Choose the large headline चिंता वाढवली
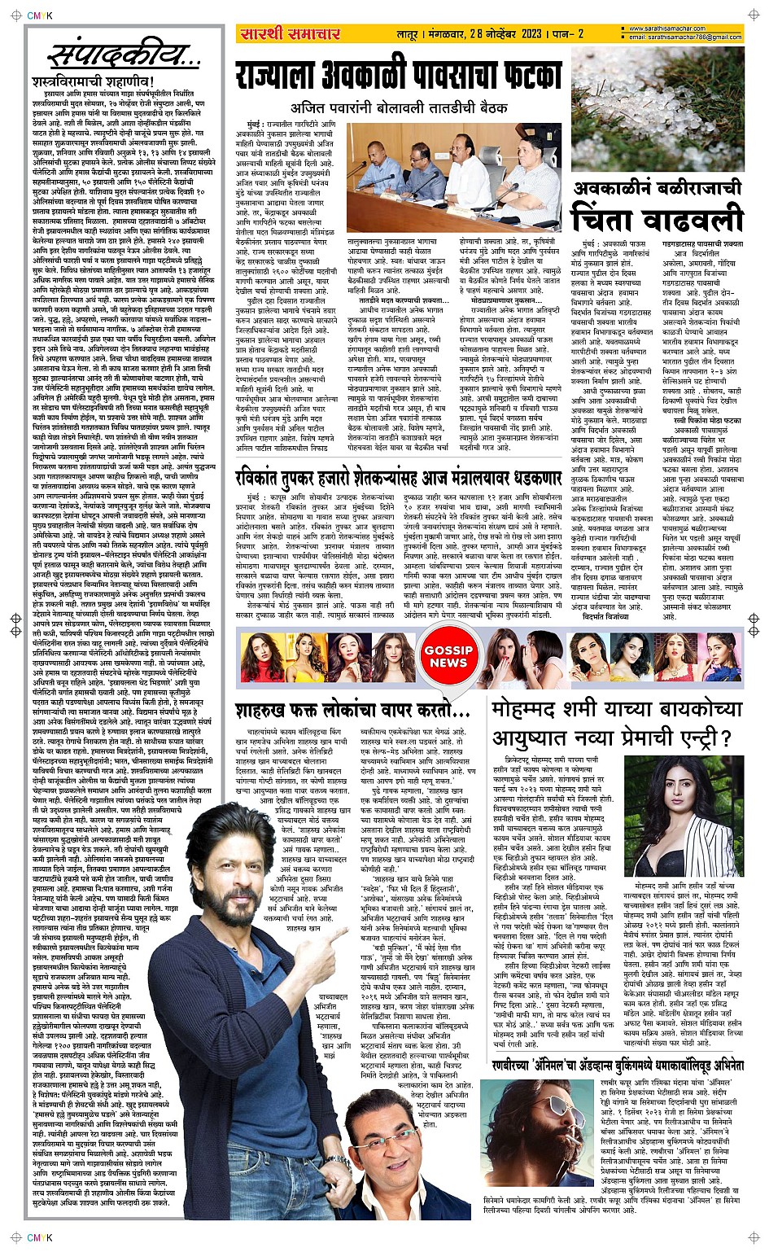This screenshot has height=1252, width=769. (x=657, y=220)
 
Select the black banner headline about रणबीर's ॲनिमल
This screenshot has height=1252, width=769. (x=618, y=1064)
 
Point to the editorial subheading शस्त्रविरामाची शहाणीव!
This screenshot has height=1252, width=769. (x=90, y=82)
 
